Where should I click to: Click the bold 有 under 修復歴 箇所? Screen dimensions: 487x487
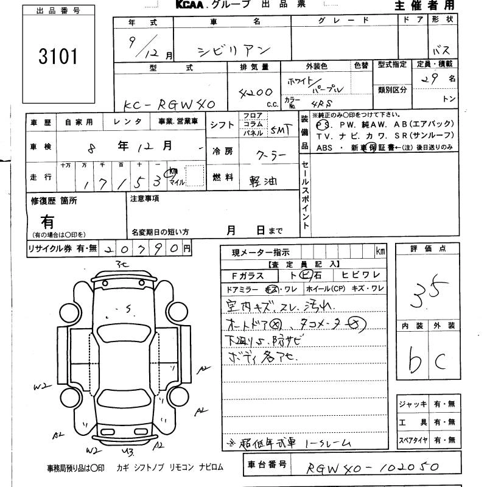click(x=47, y=222)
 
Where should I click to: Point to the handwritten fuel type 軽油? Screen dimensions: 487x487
click(x=262, y=180)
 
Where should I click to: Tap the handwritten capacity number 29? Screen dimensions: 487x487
click(x=433, y=79)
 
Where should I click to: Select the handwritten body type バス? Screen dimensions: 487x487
click(x=441, y=51)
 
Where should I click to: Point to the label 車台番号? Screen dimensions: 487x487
click(x=267, y=465)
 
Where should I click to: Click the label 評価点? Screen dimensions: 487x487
click(x=429, y=249)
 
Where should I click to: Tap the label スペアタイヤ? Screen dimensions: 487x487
click(x=412, y=440)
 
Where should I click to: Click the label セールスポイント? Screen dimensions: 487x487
click(x=306, y=195)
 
